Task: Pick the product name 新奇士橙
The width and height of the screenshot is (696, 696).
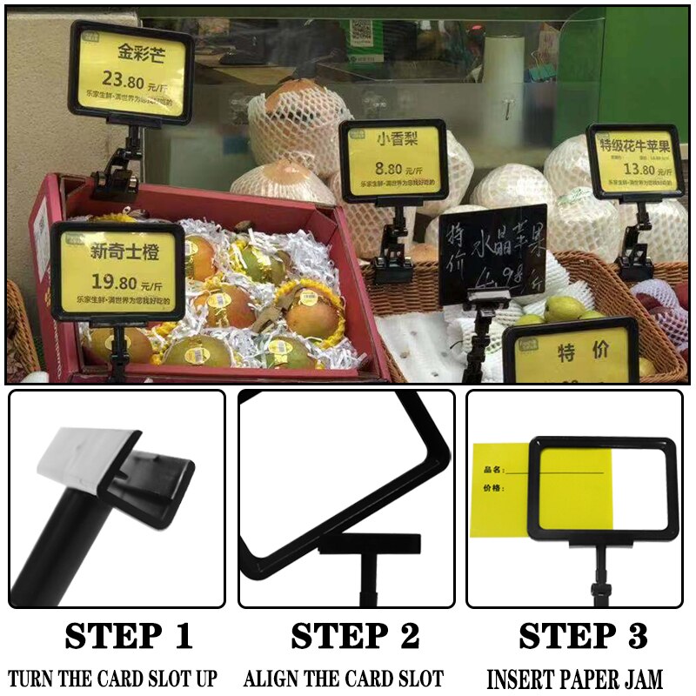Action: point(119,253)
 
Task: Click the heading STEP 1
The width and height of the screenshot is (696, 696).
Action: point(128,637)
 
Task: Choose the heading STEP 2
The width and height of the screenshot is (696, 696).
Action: point(355,637)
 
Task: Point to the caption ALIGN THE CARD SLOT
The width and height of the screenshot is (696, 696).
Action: point(344,679)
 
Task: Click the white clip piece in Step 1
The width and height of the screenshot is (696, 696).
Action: point(87,461)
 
